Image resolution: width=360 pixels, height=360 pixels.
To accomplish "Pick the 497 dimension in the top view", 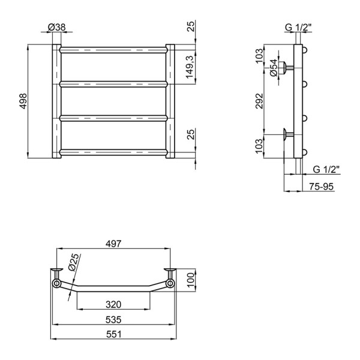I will [114, 244].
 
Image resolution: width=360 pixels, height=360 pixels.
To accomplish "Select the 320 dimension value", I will [112, 304].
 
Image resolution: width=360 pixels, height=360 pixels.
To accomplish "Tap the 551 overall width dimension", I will [114, 334].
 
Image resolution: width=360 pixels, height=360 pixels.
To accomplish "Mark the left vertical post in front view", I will [56, 101].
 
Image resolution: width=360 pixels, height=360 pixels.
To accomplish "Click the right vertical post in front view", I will [170, 101].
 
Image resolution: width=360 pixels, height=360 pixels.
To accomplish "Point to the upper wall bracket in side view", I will [289, 66].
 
